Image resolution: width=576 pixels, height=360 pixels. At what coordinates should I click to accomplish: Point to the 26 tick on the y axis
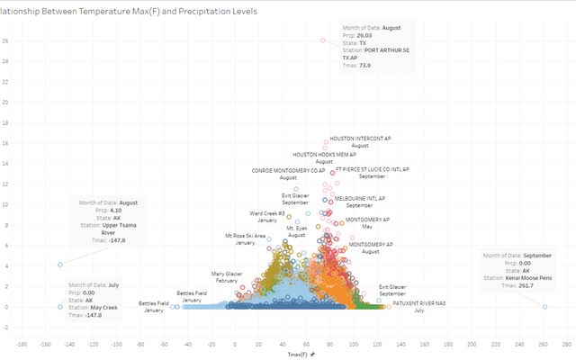point(5,40)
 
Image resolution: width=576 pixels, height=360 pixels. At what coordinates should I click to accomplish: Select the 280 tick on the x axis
point(565,343)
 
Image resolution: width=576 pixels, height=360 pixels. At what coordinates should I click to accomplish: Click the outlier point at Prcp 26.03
point(323,40)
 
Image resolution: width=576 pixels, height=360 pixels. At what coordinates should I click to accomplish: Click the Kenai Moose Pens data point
point(544,307)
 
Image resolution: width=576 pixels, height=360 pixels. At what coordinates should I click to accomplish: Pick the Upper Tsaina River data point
point(59,265)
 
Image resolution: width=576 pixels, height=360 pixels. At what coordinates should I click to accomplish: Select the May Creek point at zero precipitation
point(59,307)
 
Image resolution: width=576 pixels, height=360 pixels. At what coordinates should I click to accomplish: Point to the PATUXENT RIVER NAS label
point(418,303)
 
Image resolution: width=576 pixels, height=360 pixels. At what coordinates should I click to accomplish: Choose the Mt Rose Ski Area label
point(245,236)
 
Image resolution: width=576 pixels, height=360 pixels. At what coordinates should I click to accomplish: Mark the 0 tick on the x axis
point(235,343)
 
